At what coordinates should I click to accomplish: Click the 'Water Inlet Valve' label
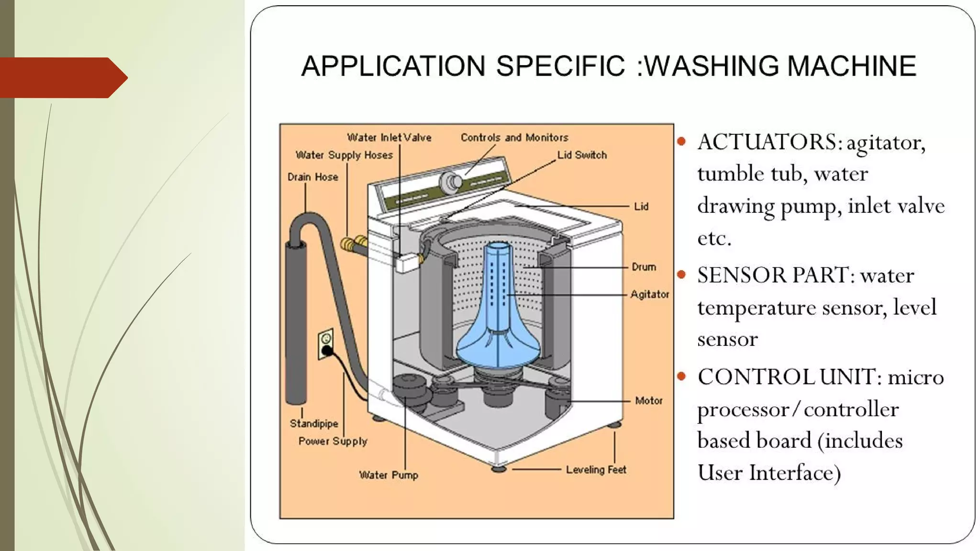click(389, 138)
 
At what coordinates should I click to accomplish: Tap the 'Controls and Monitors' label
click(514, 138)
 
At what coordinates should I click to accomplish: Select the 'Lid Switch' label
click(582, 155)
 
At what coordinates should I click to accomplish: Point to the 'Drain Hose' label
click(312, 177)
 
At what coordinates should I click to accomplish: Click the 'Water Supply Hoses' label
click(344, 155)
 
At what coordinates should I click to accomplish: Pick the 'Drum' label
click(644, 267)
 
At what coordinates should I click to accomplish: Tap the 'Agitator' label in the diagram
click(649, 294)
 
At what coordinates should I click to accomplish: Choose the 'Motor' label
click(648, 400)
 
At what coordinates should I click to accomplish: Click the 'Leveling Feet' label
click(596, 470)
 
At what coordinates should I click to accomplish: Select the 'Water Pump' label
click(389, 475)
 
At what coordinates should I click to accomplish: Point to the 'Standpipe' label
click(314, 423)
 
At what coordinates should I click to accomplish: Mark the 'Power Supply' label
click(333, 441)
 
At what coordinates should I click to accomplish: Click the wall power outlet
click(326, 343)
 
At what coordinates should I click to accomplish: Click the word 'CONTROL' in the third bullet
click(756, 377)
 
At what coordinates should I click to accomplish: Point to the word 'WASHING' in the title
click(713, 66)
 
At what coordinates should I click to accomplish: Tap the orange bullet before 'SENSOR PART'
click(682, 275)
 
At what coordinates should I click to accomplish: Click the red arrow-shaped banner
click(62, 77)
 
